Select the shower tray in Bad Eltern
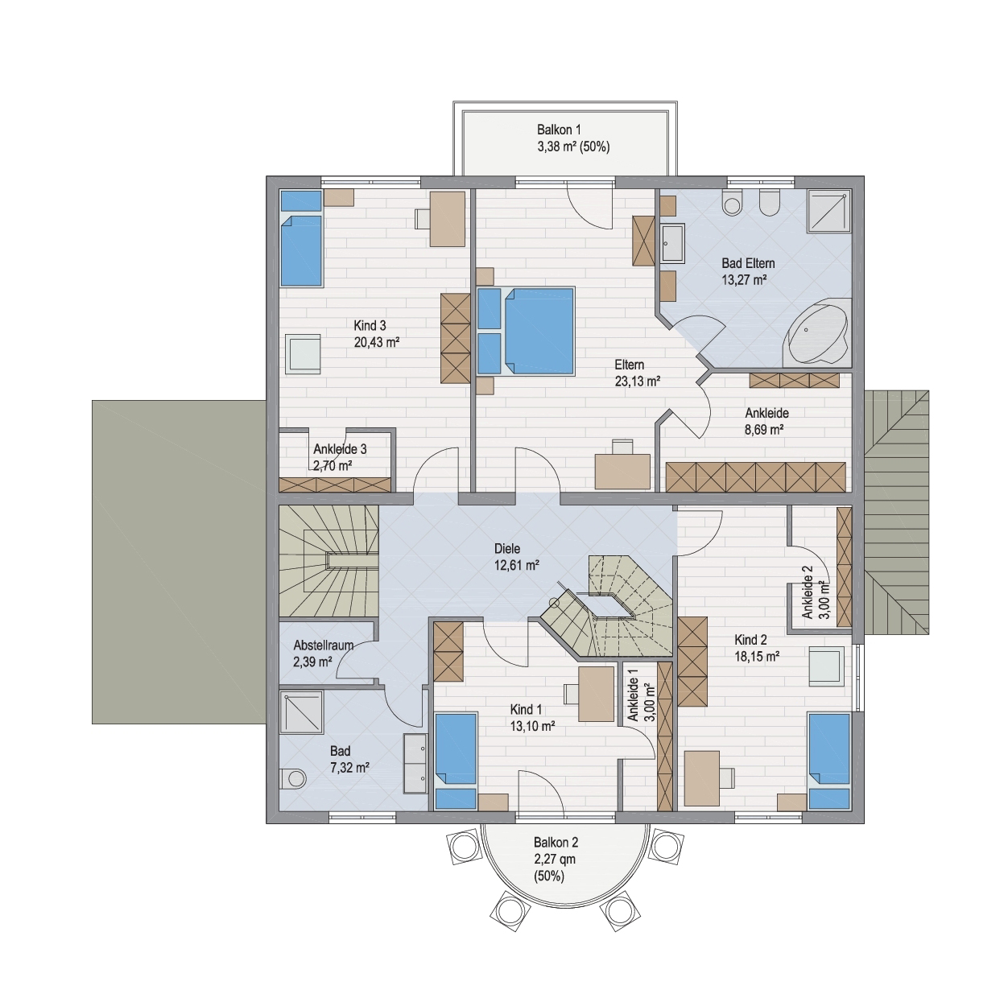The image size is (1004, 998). point(829,210)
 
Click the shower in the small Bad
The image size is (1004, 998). point(301,712)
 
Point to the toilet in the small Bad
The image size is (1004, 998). point(292,779)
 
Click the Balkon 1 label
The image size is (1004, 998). point(559,130)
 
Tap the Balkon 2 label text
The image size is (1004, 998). point(556,842)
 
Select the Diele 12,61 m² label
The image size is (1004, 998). point(516,556)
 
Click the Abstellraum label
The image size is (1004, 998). point(323,645)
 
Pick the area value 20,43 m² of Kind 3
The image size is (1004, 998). point(377,342)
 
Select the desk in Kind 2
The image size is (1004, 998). point(701,777)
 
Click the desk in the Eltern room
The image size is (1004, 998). point(622,471)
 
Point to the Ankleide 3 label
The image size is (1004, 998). point(340,449)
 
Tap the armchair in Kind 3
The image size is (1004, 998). point(302,353)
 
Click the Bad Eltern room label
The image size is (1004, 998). point(748,263)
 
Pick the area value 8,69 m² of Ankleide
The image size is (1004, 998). point(764,430)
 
